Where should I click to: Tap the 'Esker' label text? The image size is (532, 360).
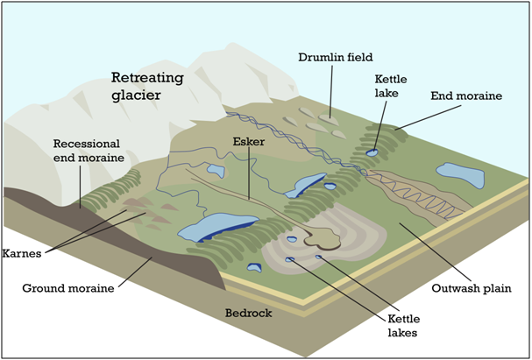click(248, 140)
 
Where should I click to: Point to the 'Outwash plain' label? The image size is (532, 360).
click(471, 287)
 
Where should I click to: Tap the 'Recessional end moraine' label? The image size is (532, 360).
click(87, 152)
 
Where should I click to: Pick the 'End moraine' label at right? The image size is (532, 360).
click(466, 95)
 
